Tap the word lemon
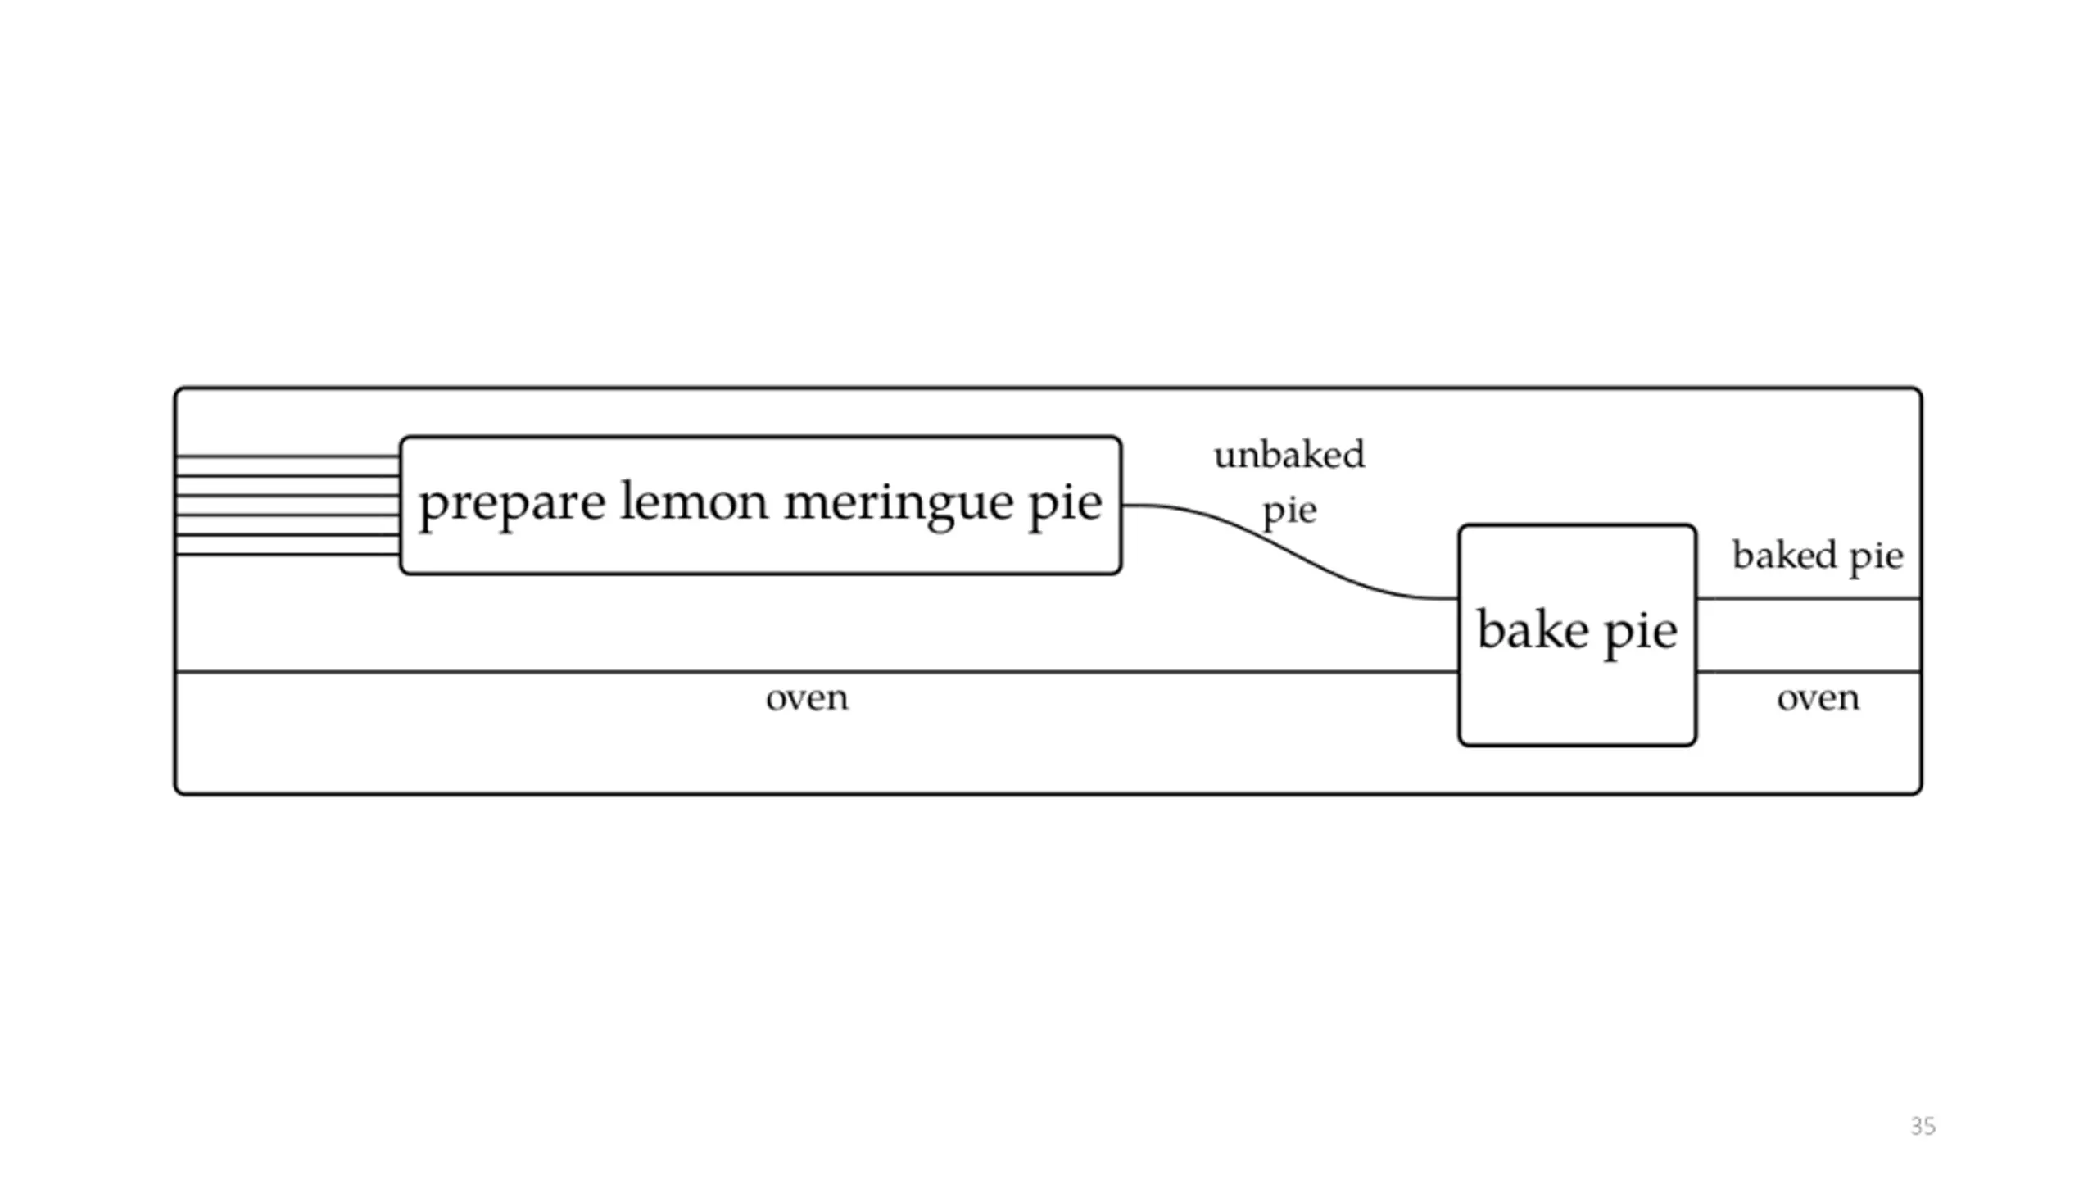coord(694,500)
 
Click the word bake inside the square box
coord(1532,629)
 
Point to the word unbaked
coord(1289,455)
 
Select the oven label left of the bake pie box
coord(807,699)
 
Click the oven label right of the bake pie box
coord(1818,699)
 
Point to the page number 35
coord(1923,1126)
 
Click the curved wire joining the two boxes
coord(1290,552)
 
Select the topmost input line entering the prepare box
coord(288,456)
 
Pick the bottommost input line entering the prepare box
coord(288,555)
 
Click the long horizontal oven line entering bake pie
coord(818,672)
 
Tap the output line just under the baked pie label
coord(1809,599)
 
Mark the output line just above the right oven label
coord(1809,672)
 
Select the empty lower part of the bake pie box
coord(1577,705)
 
